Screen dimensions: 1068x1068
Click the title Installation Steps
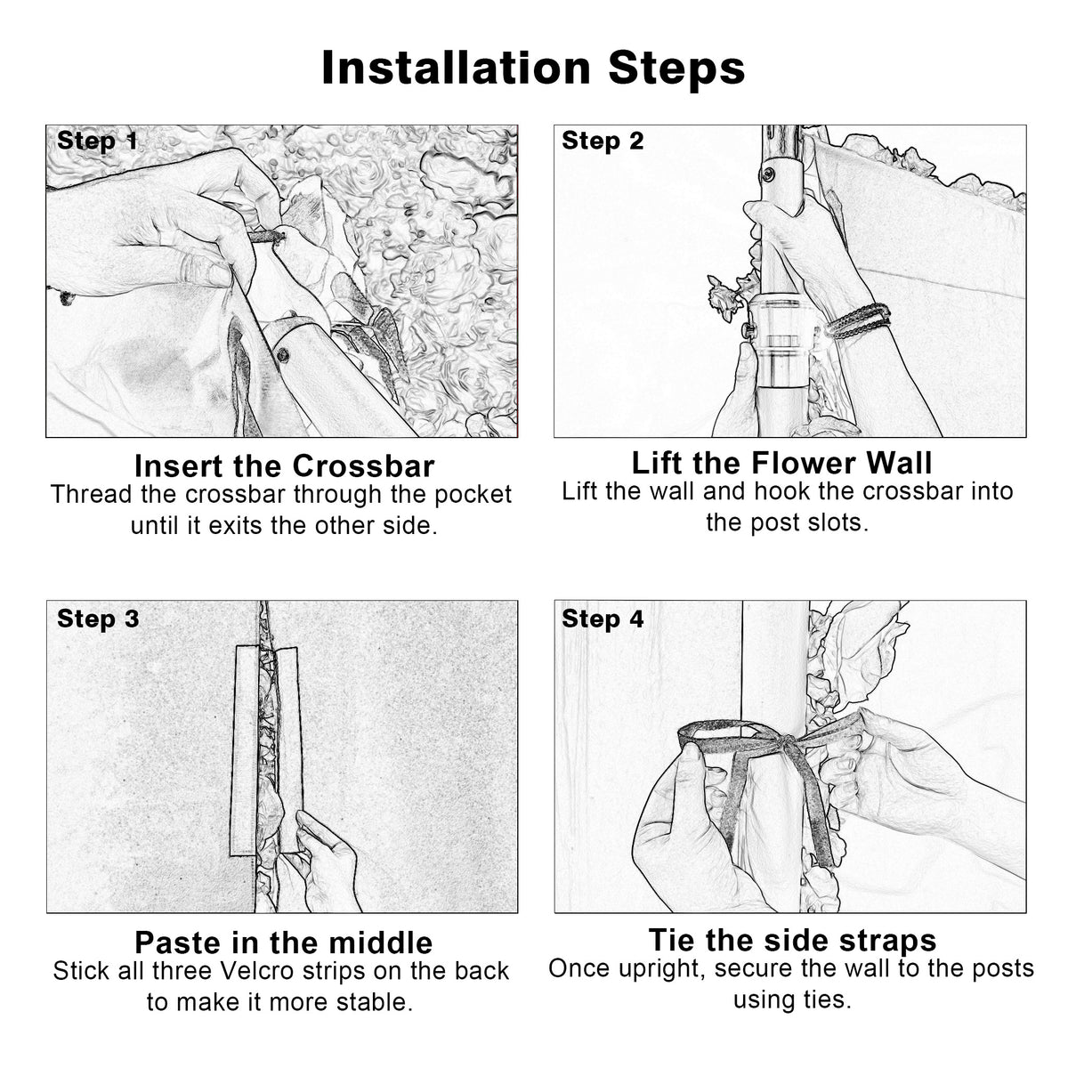tap(533, 69)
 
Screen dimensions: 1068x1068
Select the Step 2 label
tap(603, 141)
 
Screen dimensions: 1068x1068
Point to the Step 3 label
tap(98, 619)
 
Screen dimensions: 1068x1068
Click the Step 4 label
tap(603, 619)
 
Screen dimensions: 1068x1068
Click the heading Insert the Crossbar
tap(284, 465)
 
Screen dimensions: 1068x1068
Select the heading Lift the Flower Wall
tap(782, 463)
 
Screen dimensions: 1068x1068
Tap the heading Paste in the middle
tap(284, 942)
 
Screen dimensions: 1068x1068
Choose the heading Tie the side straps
tap(791, 940)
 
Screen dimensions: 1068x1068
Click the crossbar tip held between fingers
tap(266, 238)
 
